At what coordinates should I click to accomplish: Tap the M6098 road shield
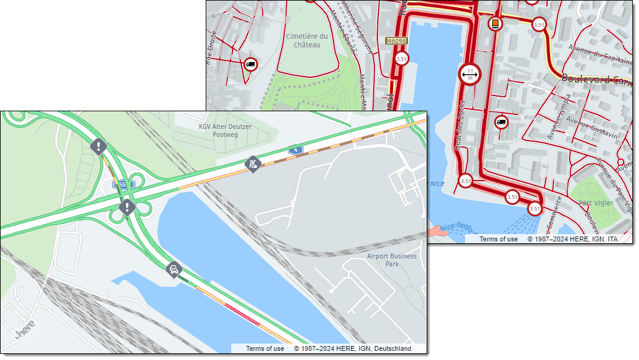396,41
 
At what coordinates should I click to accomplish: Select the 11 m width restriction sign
470,75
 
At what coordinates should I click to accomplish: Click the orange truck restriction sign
495,24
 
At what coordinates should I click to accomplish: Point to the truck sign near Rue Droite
250,64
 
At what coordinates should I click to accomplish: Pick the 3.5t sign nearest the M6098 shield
401,58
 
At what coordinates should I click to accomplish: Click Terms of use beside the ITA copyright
498,239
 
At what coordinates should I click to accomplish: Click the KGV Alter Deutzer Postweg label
225,130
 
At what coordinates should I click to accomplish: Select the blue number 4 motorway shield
295,150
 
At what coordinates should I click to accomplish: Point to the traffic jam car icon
174,269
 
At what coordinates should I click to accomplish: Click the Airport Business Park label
393,260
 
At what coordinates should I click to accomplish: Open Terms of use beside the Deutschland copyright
265,348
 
